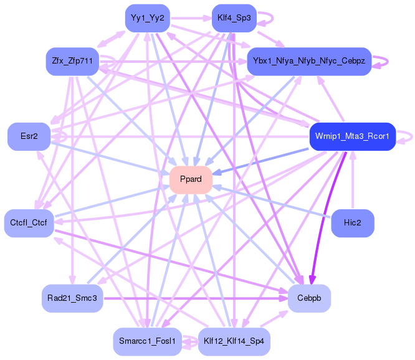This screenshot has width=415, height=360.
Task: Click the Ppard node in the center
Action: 191,179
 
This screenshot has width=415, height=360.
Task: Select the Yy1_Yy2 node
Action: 147,18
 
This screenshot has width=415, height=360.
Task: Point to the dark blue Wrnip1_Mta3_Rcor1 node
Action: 352,136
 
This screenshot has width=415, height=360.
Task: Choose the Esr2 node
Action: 29,136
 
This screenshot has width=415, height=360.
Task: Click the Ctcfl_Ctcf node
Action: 29,222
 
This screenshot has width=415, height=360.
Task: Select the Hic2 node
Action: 353,223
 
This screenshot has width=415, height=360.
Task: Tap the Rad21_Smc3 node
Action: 72,298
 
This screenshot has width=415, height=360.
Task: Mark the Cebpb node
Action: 309,298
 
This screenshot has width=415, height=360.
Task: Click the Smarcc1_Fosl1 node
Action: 147,341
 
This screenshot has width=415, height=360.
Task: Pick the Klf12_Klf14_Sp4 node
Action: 234,341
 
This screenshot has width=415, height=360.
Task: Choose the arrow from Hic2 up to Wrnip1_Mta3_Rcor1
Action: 353,181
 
